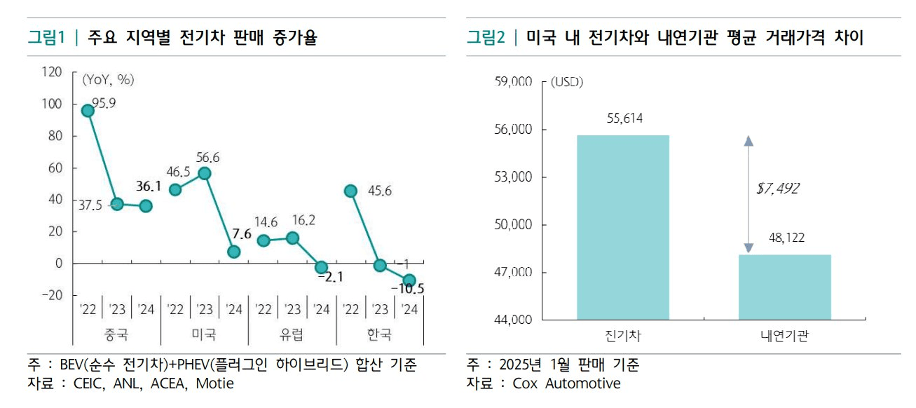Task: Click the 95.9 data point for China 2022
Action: [x=88, y=111]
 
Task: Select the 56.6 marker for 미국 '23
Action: [x=205, y=174]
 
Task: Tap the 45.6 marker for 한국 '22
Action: [x=350, y=191]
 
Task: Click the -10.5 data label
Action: [x=407, y=288]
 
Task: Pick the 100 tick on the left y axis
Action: [x=53, y=104]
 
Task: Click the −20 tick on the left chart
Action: [x=50, y=295]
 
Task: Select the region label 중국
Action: [x=116, y=334]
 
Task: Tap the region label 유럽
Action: [x=292, y=334]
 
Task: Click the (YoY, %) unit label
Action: [x=108, y=79]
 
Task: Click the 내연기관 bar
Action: [x=784, y=287]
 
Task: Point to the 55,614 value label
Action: [x=624, y=118]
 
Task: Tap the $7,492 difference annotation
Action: [x=779, y=188]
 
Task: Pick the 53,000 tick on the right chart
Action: [x=514, y=177]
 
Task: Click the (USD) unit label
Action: [x=566, y=82]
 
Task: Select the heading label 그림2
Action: [x=486, y=38]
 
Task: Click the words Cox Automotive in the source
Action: [x=566, y=383]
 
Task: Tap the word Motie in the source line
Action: [x=214, y=383]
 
